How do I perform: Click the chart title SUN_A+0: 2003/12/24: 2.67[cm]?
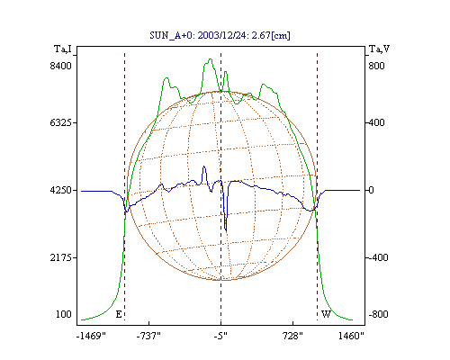click(220, 35)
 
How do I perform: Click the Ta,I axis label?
click(63, 49)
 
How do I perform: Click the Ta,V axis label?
click(379, 49)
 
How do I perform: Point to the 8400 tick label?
click(61, 66)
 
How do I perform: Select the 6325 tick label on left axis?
click(61, 122)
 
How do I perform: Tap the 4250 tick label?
click(61, 190)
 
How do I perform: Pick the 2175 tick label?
click(61, 257)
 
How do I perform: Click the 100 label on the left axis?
click(64, 314)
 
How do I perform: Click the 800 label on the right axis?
click(376, 66)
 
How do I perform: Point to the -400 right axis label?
click(378, 257)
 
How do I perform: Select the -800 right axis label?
click(378, 314)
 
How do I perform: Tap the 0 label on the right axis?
click(371, 190)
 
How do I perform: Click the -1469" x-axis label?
click(91, 336)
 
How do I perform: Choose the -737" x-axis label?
click(148, 336)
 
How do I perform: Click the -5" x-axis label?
click(220, 336)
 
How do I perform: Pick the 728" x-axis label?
click(292, 336)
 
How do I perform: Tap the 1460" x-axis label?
click(351, 336)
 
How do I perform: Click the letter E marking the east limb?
click(119, 314)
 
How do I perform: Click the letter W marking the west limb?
click(326, 314)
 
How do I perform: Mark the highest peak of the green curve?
click(211, 59)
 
